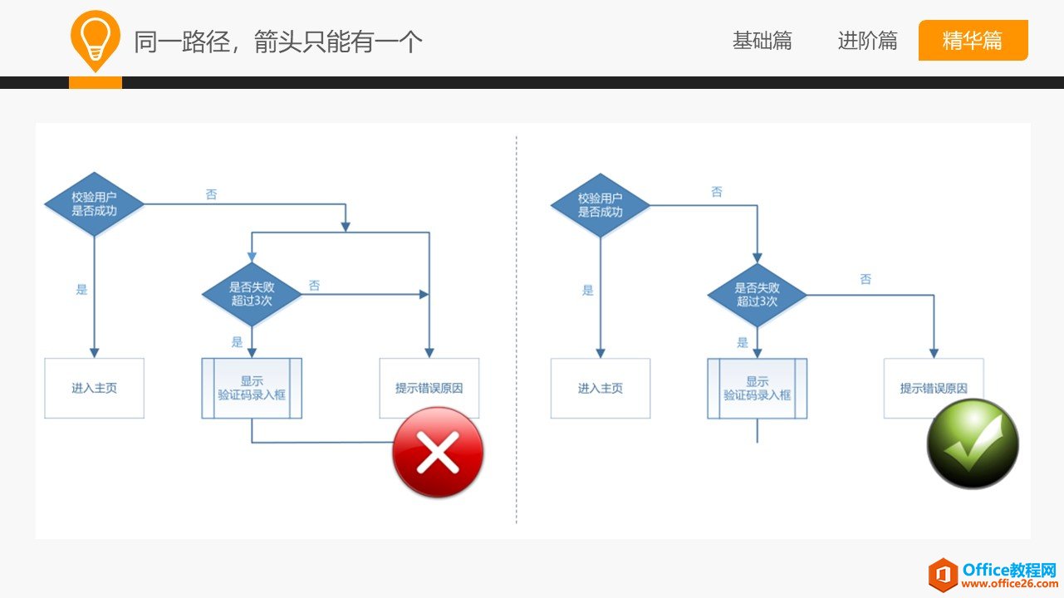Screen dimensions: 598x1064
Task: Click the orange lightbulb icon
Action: (x=96, y=39)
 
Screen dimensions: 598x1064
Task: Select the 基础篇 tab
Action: (x=762, y=41)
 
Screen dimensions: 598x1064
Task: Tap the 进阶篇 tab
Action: (x=867, y=41)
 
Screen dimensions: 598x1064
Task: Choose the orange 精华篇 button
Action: (x=973, y=41)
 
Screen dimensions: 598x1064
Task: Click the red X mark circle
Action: (x=438, y=453)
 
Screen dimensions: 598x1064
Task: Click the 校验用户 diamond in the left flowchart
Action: (x=94, y=204)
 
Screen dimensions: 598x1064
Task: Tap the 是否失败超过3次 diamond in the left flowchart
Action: (x=252, y=294)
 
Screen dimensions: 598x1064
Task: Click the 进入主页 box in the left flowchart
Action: (x=94, y=388)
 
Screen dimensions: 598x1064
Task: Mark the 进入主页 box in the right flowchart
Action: (x=600, y=388)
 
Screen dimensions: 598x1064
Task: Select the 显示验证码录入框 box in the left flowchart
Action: (x=252, y=388)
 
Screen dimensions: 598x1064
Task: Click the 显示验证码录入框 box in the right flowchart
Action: (x=757, y=388)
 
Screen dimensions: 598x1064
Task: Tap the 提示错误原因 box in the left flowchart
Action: (x=429, y=387)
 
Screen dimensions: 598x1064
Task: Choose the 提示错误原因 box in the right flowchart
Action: (x=934, y=387)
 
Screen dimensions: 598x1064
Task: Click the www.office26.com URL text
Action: (x=1009, y=584)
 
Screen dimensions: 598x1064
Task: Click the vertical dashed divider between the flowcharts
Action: (x=516, y=332)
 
